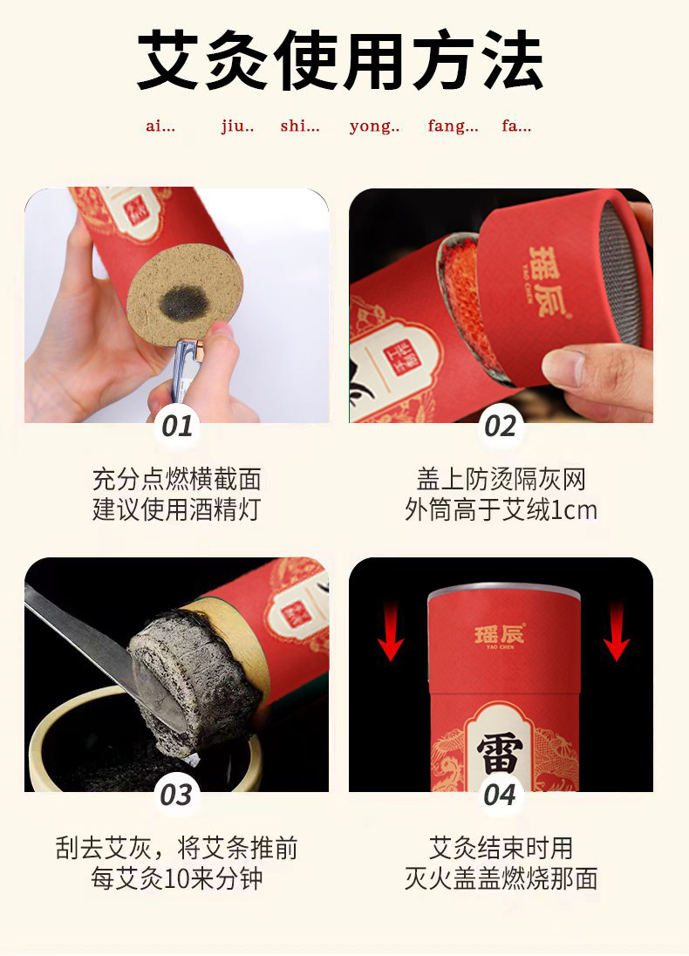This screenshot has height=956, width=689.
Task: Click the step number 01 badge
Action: click(x=177, y=426)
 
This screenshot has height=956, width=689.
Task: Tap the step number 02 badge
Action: click(x=500, y=426)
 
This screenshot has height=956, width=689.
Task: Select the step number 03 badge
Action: click(x=176, y=795)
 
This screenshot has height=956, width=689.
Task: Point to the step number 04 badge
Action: click(x=500, y=795)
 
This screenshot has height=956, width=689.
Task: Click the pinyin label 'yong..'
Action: click(x=374, y=126)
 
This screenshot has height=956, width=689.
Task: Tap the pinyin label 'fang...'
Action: click(x=453, y=126)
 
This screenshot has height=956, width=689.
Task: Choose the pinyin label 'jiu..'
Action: click(x=237, y=126)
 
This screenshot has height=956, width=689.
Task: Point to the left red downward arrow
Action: click(x=390, y=631)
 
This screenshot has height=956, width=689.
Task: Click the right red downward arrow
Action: click(x=617, y=631)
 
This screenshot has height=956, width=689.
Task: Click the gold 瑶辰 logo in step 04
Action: click(x=500, y=636)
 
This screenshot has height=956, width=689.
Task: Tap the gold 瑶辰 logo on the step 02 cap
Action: click(x=548, y=283)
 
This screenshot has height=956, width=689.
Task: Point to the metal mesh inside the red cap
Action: click(x=621, y=276)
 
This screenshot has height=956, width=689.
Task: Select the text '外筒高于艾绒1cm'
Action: click(x=501, y=509)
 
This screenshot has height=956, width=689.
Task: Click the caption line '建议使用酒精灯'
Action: click(x=177, y=509)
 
